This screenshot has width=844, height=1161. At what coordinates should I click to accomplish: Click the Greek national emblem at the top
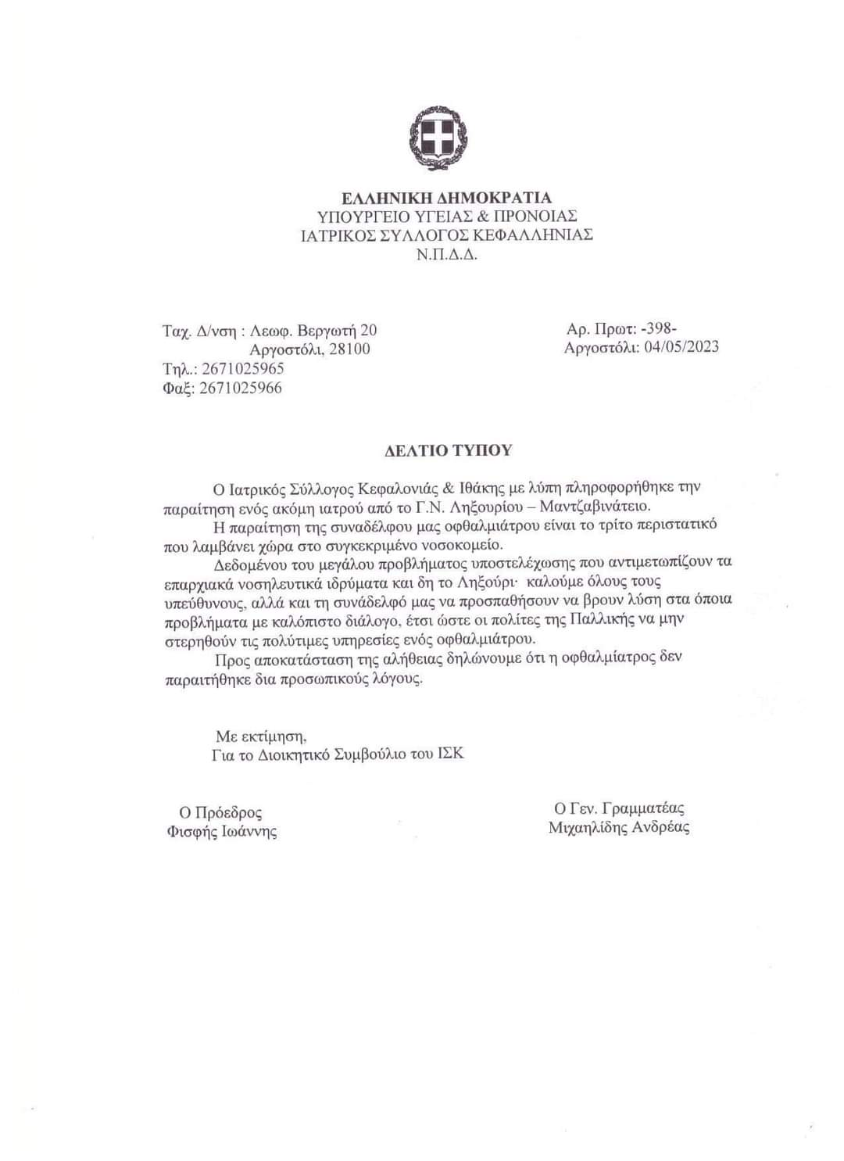point(438,138)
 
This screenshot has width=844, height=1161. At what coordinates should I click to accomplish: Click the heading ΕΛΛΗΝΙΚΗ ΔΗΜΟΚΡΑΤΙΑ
point(446,198)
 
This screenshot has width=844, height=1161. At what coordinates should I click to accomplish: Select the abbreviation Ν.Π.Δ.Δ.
point(447,254)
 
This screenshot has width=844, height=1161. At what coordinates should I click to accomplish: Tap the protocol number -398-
point(658,328)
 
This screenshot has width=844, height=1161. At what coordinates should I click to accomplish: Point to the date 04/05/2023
point(681,347)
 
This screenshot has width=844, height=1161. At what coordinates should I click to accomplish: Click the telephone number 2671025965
point(242,369)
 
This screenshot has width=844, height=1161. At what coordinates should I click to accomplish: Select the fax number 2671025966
point(241,388)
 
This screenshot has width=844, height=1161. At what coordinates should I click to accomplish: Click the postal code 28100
point(349,349)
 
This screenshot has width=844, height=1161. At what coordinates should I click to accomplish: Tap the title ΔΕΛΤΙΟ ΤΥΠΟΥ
point(449,450)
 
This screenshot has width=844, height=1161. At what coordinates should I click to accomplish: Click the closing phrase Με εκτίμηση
point(261,736)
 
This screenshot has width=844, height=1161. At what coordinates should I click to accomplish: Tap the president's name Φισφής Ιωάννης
point(222,832)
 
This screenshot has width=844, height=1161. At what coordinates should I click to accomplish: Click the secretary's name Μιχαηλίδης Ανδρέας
point(619,827)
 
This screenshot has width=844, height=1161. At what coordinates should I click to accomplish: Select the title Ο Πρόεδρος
point(221,813)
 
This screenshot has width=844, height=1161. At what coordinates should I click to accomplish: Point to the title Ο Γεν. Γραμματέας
point(619,808)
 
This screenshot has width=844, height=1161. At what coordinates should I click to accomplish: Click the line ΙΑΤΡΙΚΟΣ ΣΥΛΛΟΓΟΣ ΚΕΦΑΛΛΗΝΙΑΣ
point(446,235)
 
